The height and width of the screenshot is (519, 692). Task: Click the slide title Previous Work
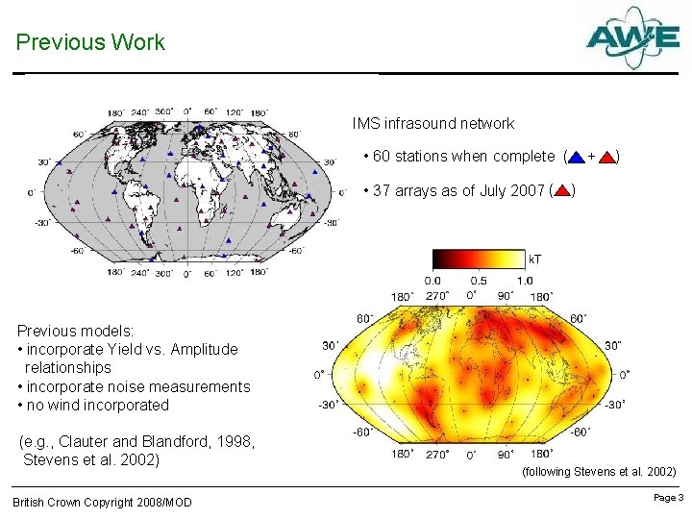90,42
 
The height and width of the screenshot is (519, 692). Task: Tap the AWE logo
632,38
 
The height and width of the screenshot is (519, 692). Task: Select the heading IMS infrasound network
432,123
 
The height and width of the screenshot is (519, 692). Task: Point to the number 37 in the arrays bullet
381,190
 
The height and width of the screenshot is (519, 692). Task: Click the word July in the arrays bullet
488,190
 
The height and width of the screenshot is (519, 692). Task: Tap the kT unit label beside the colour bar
534,259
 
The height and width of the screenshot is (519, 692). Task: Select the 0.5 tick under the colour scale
480,280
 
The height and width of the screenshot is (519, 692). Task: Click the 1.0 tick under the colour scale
524,280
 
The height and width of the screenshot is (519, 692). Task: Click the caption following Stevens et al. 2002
598,472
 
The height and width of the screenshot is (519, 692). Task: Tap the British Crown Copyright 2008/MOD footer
102,503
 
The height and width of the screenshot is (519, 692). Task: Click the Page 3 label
668,498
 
